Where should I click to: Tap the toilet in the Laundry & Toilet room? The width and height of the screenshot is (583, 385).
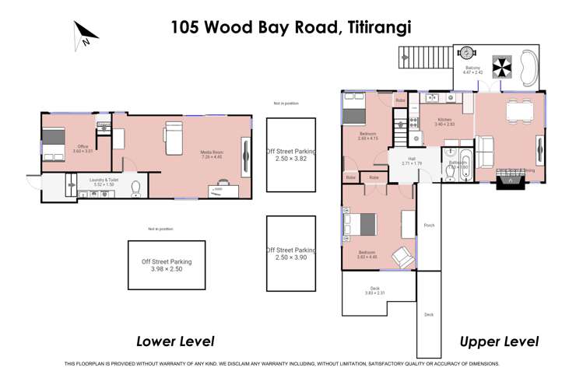tap(135, 187)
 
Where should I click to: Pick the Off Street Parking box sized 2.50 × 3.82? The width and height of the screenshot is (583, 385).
tap(291, 154)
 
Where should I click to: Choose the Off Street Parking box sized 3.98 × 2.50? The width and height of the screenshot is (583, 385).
tap(167, 265)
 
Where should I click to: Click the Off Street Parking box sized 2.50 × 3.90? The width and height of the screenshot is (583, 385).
tap(291, 254)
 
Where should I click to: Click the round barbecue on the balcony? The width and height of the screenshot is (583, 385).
tap(466, 53)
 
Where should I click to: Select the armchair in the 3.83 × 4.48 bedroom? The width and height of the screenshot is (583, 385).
tap(402, 256)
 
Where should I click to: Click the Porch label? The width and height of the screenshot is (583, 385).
tap(428, 226)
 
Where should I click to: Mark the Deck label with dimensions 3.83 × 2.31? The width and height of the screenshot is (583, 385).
tap(374, 290)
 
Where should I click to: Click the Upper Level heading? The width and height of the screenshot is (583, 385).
tap(499, 341)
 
